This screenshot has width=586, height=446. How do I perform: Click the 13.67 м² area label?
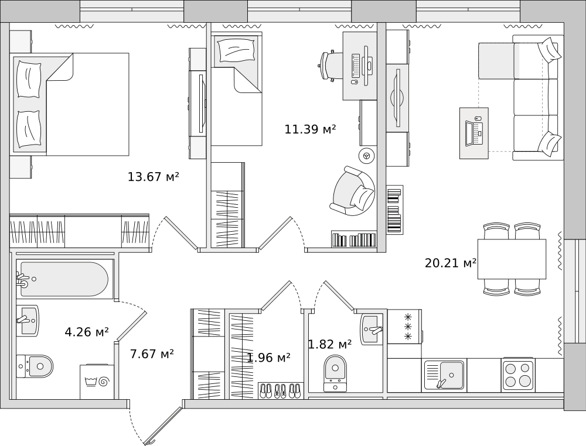tap(153, 176)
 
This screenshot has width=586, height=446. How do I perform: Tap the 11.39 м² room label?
tap(310, 129)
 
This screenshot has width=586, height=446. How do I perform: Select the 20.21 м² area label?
tap(450, 263)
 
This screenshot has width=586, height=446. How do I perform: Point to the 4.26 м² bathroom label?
tap(87, 331)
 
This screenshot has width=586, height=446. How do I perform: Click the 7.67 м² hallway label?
tap(152, 354)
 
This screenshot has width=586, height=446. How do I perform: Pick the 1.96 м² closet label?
tap(269, 358)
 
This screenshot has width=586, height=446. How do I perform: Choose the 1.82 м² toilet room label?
tap(329, 344)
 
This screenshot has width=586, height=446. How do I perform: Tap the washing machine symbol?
tap(97, 382)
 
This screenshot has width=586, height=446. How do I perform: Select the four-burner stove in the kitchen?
tap(518, 375)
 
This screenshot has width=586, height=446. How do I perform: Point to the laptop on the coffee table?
tap(474, 133)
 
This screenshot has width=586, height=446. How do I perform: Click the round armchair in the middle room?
tap(353, 191)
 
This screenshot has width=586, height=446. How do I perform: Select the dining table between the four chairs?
tap(512, 259)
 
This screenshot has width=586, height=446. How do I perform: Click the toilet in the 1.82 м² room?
tap(335, 372)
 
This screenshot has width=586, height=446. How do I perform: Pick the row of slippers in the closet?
tap(280, 390)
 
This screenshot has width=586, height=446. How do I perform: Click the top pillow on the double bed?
tap(29, 78)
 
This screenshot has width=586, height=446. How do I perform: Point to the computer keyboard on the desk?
tap(356, 66)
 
